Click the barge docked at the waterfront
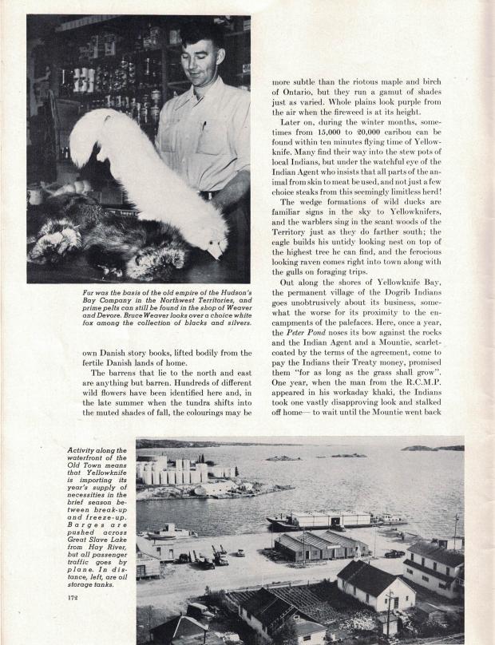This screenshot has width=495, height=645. tap(327, 520)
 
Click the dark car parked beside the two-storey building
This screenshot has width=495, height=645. tap(393, 553)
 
